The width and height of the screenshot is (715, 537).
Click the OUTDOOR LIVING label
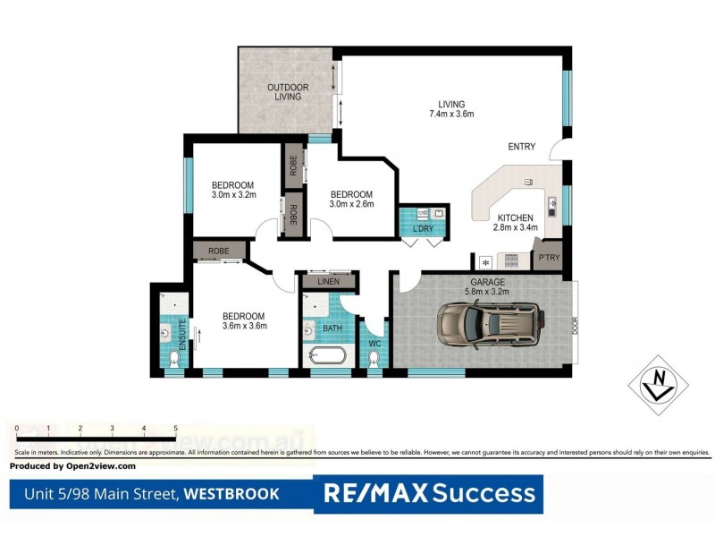(288, 91)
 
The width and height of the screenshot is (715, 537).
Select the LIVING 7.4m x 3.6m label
(450, 108)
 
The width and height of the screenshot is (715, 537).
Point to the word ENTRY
(521, 147)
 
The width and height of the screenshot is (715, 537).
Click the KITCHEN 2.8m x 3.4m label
(515, 223)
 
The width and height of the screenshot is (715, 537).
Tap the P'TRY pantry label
(548, 259)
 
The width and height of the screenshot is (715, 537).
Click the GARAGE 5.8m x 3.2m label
(488, 286)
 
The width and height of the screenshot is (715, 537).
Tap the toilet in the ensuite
(175, 358)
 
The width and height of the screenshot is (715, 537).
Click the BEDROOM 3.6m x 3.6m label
(244, 321)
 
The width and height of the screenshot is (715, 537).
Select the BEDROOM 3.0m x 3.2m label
(234, 189)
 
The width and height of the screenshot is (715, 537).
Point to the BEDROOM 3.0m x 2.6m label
(351, 200)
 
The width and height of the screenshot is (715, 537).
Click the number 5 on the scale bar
(175, 430)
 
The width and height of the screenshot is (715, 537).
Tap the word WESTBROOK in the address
(231, 493)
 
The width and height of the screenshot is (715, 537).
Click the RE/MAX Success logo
(429, 493)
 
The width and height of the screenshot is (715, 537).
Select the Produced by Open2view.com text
(72, 466)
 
